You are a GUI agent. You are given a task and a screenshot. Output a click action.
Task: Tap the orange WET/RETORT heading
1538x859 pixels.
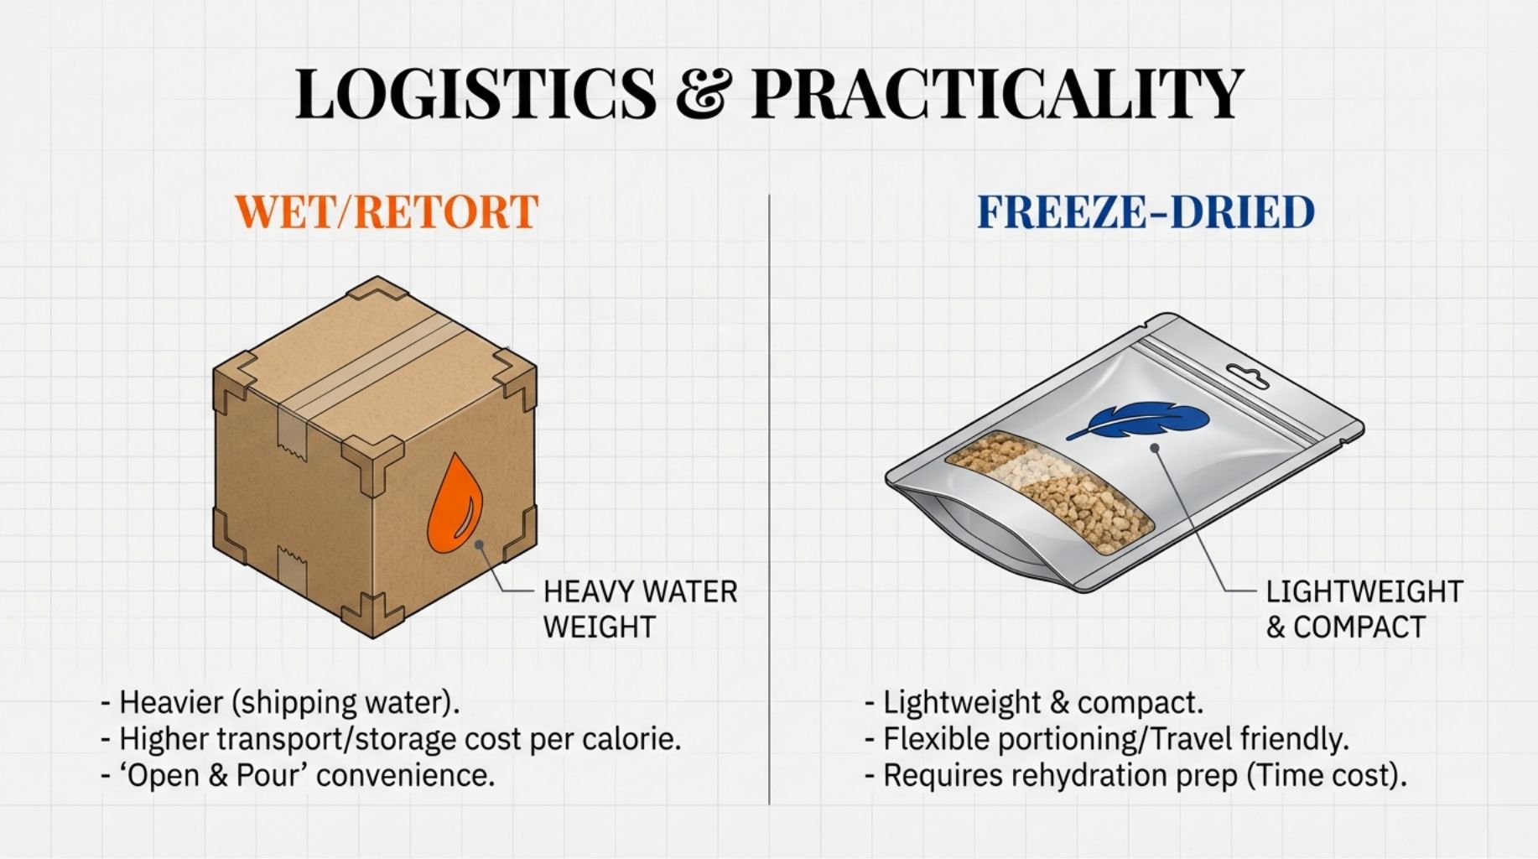coord(387,211)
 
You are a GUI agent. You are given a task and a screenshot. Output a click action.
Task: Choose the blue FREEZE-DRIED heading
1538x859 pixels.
coord(1146,211)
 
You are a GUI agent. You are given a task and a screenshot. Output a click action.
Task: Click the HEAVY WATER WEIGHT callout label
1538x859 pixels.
coord(640,609)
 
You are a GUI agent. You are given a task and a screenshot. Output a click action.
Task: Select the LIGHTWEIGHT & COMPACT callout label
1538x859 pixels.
coord(1364,609)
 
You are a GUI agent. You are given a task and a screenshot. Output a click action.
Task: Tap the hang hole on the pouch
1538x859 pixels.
coord(1247,376)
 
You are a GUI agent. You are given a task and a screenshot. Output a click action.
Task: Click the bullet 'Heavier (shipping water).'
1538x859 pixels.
coord(280,702)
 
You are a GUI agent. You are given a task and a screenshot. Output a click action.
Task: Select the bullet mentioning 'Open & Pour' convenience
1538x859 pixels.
coord(298,775)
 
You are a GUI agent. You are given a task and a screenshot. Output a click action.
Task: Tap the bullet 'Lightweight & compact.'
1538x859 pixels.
coord(1034,702)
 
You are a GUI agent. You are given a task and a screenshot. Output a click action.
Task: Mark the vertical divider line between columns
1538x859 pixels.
coord(769,499)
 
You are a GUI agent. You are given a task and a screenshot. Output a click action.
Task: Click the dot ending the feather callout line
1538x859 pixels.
coord(1155,448)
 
